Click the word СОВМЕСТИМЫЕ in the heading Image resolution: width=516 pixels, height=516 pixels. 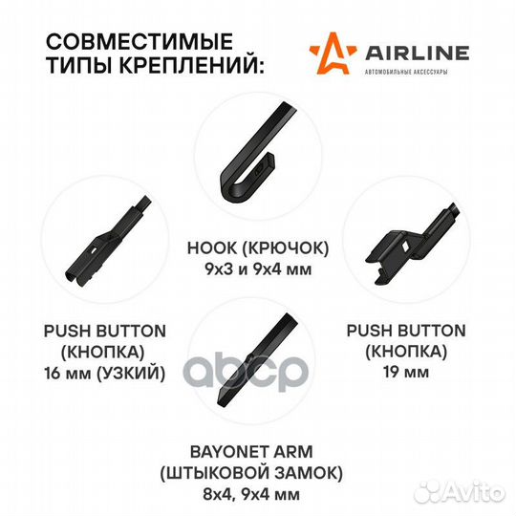click(140, 41)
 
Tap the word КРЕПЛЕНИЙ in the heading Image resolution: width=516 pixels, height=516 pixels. click(191, 65)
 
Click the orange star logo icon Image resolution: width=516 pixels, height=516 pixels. click(333, 53)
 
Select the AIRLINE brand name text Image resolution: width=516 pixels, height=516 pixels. click(418, 54)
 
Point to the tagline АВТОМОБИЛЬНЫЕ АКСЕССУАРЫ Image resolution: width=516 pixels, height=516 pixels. click(406, 72)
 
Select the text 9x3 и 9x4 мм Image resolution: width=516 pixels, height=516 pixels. click(258, 269)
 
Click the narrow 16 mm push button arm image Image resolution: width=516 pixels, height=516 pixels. click(107, 239)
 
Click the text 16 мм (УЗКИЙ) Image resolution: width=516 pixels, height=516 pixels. click(105, 374)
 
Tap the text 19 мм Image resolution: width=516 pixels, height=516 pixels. click(406, 372)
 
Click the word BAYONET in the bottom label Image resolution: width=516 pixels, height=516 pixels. click(226, 452)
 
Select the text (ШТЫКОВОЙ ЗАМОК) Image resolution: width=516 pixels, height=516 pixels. click(251, 474)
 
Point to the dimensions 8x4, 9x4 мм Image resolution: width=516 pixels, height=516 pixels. click(251, 495)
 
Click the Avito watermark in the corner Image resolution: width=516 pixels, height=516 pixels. click(460, 493)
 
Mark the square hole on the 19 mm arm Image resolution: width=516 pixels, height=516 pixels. click(405, 246)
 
